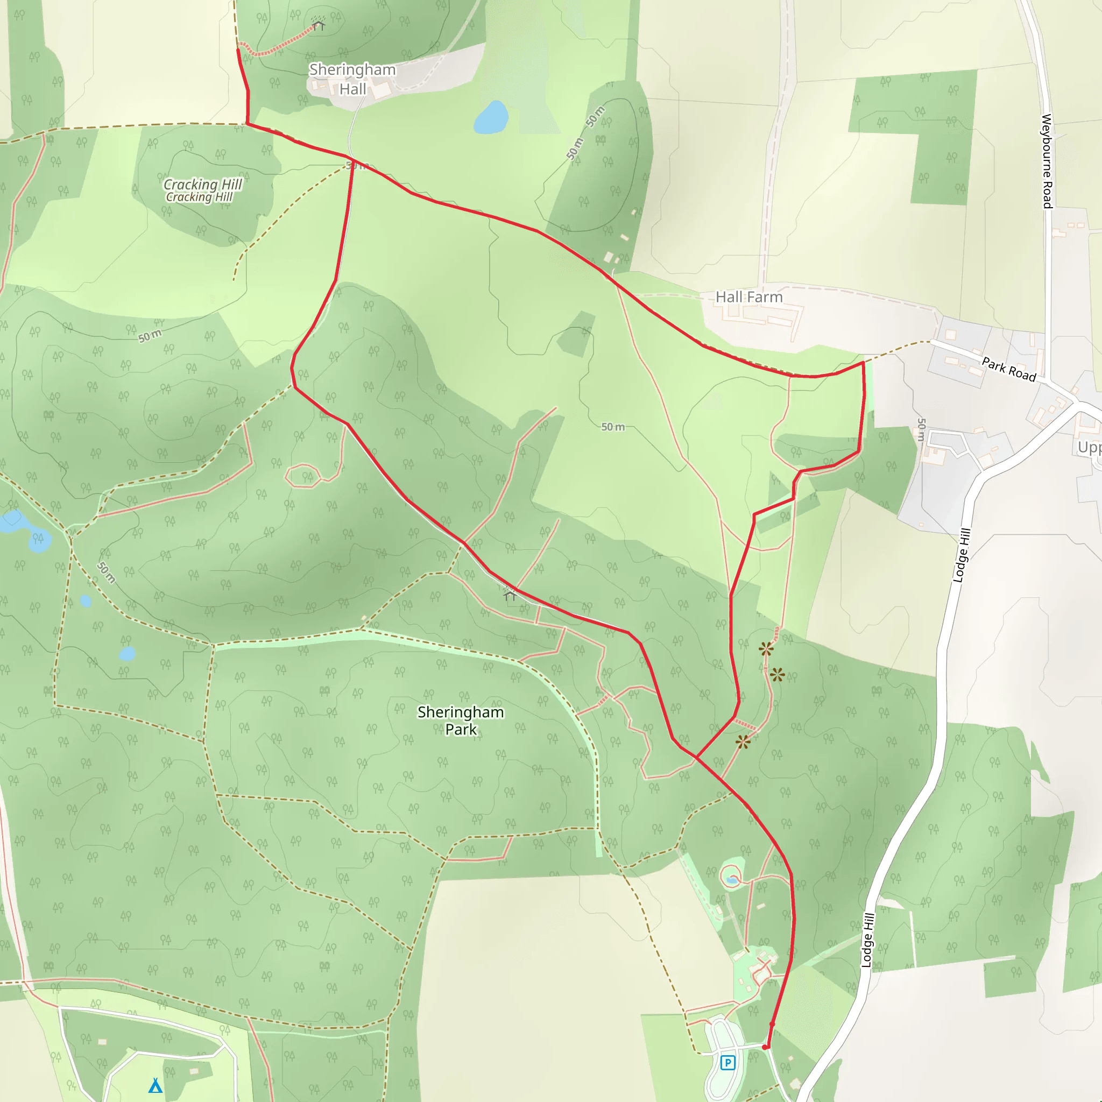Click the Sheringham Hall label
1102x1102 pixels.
click(352, 79)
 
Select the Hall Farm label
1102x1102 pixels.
click(749, 297)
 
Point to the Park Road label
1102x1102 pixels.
click(1008, 369)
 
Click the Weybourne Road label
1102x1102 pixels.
click(1047, 161)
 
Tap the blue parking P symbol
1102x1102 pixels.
click(727, 1062)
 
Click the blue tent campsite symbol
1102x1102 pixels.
click(155, 1085)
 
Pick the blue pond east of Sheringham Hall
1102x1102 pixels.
click(491, 117)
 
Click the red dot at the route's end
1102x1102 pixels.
click(766, 1047)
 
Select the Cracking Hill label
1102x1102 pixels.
click(202, 190)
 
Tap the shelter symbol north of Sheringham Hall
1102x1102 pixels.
click(319, 25)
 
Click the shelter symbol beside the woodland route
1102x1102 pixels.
click(510, 596)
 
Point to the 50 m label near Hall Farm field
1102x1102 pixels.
click(612, 427)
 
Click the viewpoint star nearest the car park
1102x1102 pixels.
click(743, 742)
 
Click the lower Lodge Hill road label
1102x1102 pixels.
click(867, 940)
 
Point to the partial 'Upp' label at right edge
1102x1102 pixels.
click(1090, 447)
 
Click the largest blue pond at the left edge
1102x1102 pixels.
click(11, 521)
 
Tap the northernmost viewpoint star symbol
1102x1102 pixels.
click(766, 648)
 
